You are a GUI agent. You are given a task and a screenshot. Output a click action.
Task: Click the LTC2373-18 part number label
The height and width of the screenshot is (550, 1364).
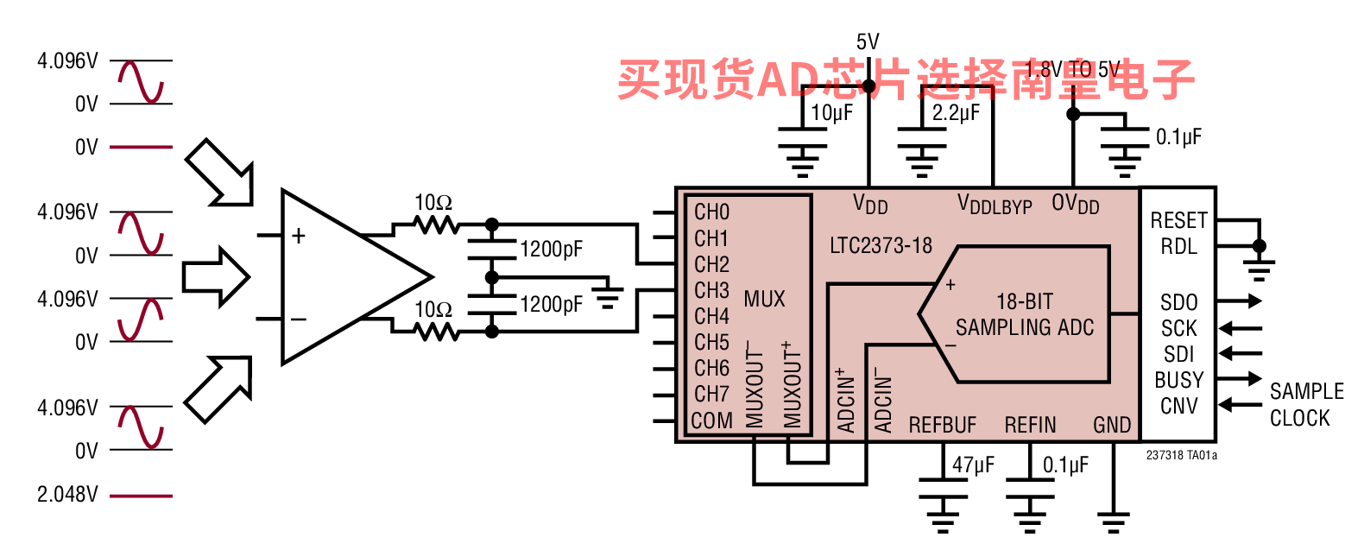coord(881,246)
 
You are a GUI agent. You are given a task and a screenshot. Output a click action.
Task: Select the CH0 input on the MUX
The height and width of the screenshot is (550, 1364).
coord(711,212)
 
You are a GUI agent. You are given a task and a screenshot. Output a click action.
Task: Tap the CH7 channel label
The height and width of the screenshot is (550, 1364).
coord(711,394)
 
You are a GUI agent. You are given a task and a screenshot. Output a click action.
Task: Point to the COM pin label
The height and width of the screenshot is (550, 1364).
coord(711,420)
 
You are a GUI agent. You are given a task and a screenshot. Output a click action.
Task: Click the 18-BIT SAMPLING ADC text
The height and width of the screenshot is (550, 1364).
coord(1025,314)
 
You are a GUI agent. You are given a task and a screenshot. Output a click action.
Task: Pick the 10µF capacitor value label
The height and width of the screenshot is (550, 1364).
coord(831,113)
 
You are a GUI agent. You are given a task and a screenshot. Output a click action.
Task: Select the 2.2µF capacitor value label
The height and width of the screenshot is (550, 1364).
coord(956,113)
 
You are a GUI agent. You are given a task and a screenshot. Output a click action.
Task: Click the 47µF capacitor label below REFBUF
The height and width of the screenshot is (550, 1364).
coord(973,465)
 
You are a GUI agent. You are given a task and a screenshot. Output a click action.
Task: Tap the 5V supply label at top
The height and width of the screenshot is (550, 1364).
coord(868,41)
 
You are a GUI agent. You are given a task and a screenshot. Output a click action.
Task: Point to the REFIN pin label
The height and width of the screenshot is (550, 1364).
coord(1030,425)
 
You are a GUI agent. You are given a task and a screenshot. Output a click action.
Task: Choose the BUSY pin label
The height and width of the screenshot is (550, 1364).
coord(1178,380)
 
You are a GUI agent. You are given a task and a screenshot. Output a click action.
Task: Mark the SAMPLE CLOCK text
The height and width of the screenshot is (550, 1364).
coord(1306,404)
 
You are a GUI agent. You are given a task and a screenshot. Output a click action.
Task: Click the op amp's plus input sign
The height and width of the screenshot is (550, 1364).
coord(299,235)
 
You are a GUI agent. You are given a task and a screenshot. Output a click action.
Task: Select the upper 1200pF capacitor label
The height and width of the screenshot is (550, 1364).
coord(551,250)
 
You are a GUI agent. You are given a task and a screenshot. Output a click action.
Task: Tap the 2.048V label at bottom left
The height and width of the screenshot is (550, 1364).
coord(67,495)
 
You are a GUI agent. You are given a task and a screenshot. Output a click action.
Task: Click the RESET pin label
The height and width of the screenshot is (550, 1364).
coord(1178,220)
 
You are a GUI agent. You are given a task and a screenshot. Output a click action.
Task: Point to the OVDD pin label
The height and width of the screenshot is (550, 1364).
coord(1075,205)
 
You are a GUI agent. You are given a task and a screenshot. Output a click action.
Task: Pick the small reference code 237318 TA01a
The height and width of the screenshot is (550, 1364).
coord(1181,455)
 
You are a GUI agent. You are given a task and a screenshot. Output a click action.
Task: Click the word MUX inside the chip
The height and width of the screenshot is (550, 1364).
coord(764,300)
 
